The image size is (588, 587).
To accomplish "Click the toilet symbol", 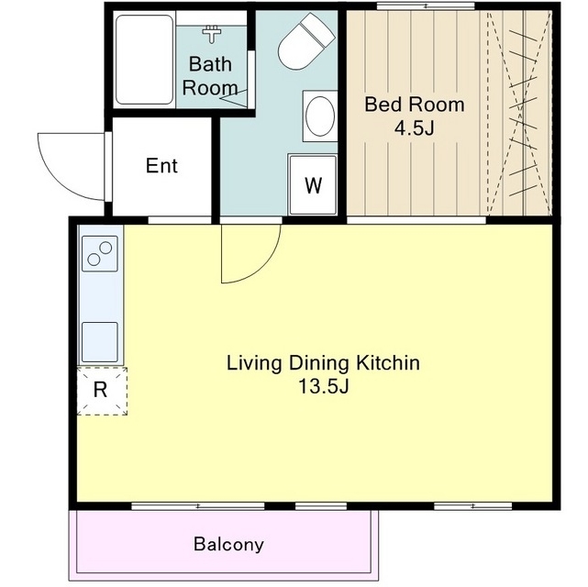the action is coord(306,41).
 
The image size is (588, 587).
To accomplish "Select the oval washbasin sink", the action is coord(320,116).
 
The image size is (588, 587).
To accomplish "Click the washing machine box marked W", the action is coord(313,184).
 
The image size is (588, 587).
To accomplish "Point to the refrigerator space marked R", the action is coord(102,391).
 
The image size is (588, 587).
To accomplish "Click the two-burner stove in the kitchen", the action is coord(100,253).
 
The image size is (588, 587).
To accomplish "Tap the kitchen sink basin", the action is coord(100,342).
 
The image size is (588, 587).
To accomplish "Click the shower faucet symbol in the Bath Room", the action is coord(212,34).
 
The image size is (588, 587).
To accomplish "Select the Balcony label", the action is coord(228,544).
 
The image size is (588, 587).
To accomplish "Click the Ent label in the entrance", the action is coord(161,166).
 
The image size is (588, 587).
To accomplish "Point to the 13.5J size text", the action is coord(323,386).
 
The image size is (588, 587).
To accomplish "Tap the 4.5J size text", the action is coord(414,128).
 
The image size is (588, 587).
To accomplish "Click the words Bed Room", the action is coord(415,105).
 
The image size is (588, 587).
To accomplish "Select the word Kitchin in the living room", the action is coord(388,363).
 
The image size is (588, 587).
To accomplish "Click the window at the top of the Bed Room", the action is coord(426,6).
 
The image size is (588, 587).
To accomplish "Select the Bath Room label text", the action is coord(210,76).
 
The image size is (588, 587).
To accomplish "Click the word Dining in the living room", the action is coord(318,363).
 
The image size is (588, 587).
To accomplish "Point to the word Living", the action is coord(255,363).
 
